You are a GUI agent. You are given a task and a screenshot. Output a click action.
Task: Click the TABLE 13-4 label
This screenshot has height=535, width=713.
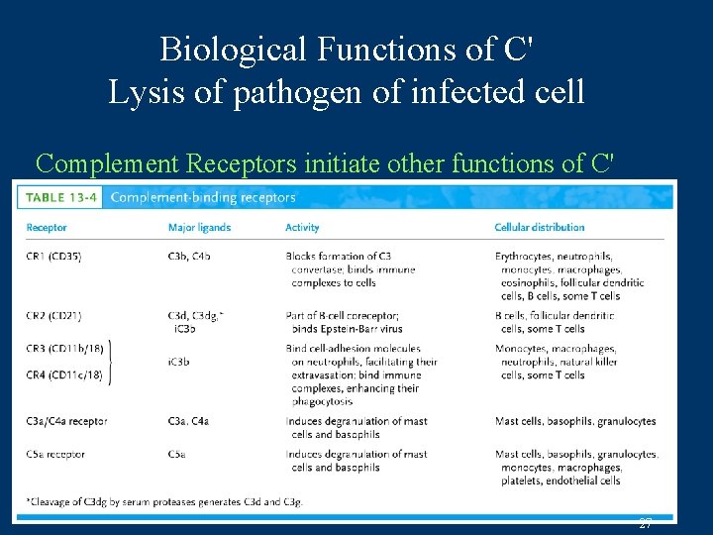(x=61, y=197)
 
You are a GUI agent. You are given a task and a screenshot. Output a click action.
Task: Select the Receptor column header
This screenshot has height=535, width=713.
(x=47, y=227)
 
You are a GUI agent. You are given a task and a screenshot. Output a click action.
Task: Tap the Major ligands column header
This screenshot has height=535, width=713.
(x=199, y=227)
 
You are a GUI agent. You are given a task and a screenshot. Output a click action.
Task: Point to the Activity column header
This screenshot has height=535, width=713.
(x=302, y=227)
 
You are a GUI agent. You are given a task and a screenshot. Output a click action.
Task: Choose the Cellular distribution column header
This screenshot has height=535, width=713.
(x=540, y=227)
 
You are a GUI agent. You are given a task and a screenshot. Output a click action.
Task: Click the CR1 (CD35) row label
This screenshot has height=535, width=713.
(x=54, y=256)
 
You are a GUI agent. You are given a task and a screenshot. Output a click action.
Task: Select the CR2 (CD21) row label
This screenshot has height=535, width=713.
(x=54, y=316)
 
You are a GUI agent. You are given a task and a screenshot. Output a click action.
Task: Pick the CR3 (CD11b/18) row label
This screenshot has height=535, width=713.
(x=63, y=349)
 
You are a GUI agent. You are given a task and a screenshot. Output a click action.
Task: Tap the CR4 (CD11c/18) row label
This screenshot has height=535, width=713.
(x=63, y=374)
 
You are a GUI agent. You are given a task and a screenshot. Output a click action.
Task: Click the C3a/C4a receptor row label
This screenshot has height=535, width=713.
(x=67, y=421)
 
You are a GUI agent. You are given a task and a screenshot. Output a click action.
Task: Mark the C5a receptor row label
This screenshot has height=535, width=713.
(x=55, y=455)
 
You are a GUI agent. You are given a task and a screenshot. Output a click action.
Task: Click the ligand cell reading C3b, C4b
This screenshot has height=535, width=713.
(x=189, y=256)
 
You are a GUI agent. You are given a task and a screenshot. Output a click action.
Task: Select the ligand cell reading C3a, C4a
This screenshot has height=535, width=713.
(x=189, y=421)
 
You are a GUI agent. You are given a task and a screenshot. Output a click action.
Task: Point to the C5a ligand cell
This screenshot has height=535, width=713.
(x=178, y=455)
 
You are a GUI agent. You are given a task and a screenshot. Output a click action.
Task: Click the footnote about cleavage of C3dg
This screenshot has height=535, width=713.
(x=164, y=502)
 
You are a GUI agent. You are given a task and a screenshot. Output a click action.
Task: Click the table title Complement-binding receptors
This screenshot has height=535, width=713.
(x=203, y=197)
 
